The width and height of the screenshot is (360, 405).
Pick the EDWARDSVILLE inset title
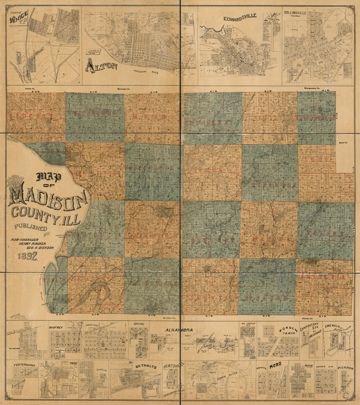click(x=240, y=17)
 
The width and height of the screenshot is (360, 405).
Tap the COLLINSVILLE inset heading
click(x=295, y=13)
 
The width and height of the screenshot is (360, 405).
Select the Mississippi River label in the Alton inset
click(x=146, y=72)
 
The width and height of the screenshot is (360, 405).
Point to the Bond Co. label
click(x=343, y=143)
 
